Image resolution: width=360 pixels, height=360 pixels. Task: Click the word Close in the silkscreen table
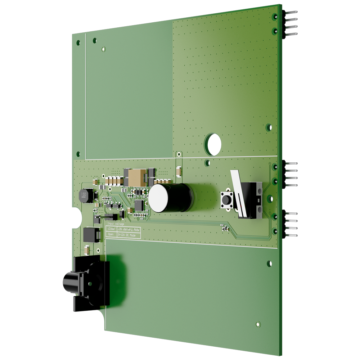(111, 229)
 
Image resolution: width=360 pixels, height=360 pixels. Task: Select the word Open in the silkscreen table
(111, 234)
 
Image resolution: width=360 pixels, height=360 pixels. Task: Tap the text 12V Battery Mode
(129, 229)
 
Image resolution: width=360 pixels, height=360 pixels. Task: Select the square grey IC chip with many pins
(139, 206)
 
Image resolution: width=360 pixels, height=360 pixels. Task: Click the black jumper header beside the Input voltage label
(109, 217)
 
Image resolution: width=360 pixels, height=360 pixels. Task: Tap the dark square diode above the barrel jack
(91, 234)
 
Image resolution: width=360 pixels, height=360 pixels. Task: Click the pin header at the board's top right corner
(290, 23)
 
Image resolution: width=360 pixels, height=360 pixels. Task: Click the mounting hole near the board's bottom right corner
(258, 324)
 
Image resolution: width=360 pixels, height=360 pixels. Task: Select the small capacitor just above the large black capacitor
(179, 172)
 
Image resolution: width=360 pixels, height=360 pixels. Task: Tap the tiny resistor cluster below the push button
(224, 227)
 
